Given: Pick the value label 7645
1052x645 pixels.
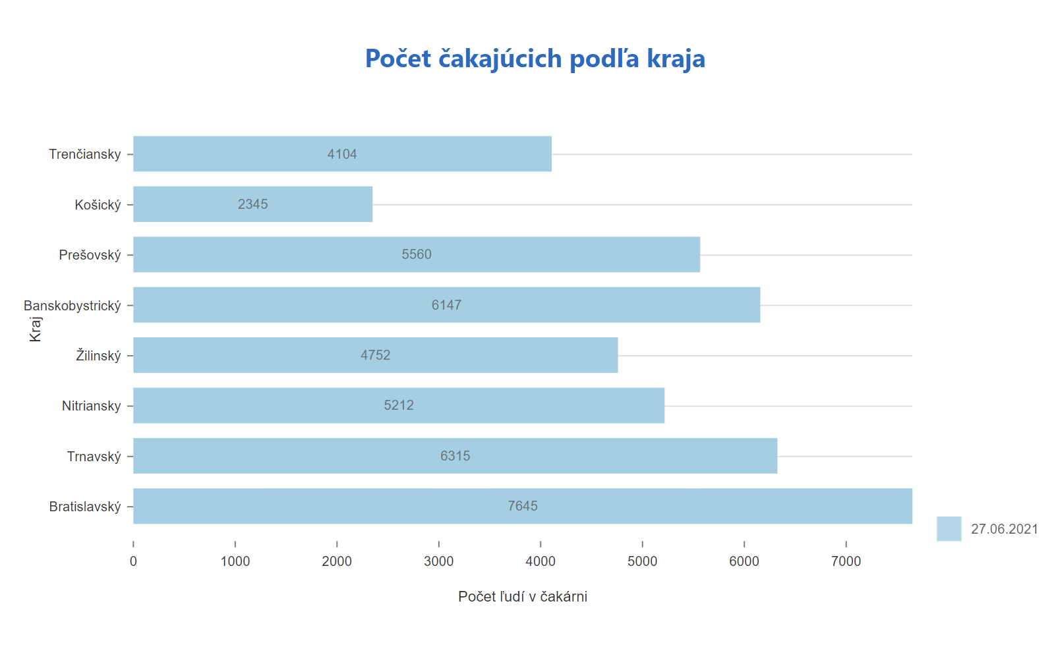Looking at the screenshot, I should pyautogui.click(x=523, y=506).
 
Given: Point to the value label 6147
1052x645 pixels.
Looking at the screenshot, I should pyautogui.click(x=446, y=305).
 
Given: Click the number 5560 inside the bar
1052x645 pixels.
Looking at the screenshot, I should pyautogui.click(x=417, y=254).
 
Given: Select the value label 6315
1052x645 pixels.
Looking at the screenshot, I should pyautogui.click(x=455, y=456).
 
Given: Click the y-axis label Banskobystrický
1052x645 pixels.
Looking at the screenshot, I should pyautogui.click(x=73, y=306).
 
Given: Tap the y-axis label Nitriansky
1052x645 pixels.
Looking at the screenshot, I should pyautogui.click(x=92, y=406).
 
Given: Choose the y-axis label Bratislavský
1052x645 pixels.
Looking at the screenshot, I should pyautogui.click(x=85, y=507).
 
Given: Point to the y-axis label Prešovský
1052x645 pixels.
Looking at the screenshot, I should pyautogui.click(x=90, y=255).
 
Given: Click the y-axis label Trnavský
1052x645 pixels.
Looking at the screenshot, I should pyautogui.click(x=94, y=457).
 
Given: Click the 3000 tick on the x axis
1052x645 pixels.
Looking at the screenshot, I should pyautogui.click(x=438, y=561).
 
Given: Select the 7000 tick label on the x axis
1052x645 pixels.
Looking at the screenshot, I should pyautogui.click(x=846, y=561).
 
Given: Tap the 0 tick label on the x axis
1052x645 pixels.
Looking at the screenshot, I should pyautogui.click(x=133, y=561).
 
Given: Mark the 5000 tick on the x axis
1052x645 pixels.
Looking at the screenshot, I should pyautogui.click(x=642, y=561).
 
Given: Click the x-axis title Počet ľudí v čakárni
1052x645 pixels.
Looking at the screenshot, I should pyautogui.click(x=523, y=597).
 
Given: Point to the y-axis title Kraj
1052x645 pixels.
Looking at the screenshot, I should pyautogui.click(x=36, y=329).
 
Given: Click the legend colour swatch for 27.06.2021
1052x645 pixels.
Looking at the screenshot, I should pyautogui.click(x=949, y=528).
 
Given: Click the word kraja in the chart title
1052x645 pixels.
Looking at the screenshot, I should pyautogui.click(x=676, y=59).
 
